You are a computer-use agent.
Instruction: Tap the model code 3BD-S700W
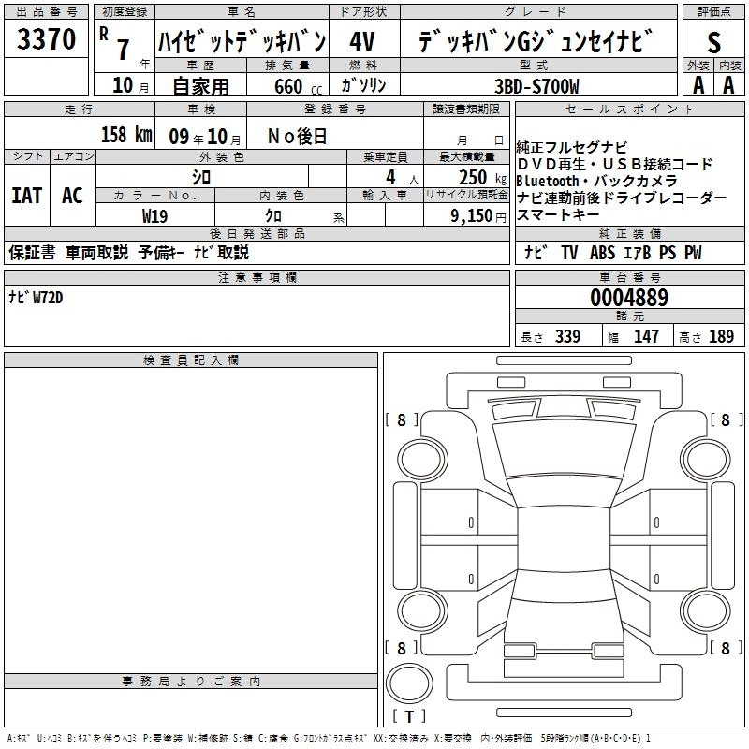[x=536, y=86]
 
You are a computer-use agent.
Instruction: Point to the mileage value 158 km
[x=126, y=135]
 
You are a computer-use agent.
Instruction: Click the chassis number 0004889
[x=628, y=299]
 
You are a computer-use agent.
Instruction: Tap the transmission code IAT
[x=26, y=196]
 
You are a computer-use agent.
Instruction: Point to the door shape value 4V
[x=363, y=42]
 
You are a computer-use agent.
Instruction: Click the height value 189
[x=721, y=337]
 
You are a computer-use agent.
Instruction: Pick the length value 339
[x=567, y=337]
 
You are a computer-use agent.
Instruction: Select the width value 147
[x=647, y=337]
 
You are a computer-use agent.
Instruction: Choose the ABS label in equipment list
[x=602, y=253]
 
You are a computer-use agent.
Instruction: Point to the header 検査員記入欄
[x=190, y=360]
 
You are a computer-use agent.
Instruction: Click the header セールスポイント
[x=630, y=110]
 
